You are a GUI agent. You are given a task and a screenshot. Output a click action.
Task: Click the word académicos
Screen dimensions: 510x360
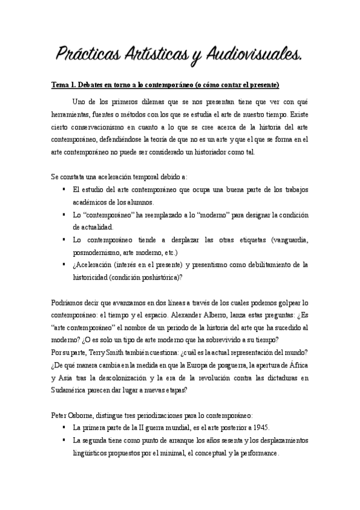pos(91,202)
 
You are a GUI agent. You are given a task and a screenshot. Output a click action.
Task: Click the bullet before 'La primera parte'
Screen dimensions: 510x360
pos(63,428)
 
